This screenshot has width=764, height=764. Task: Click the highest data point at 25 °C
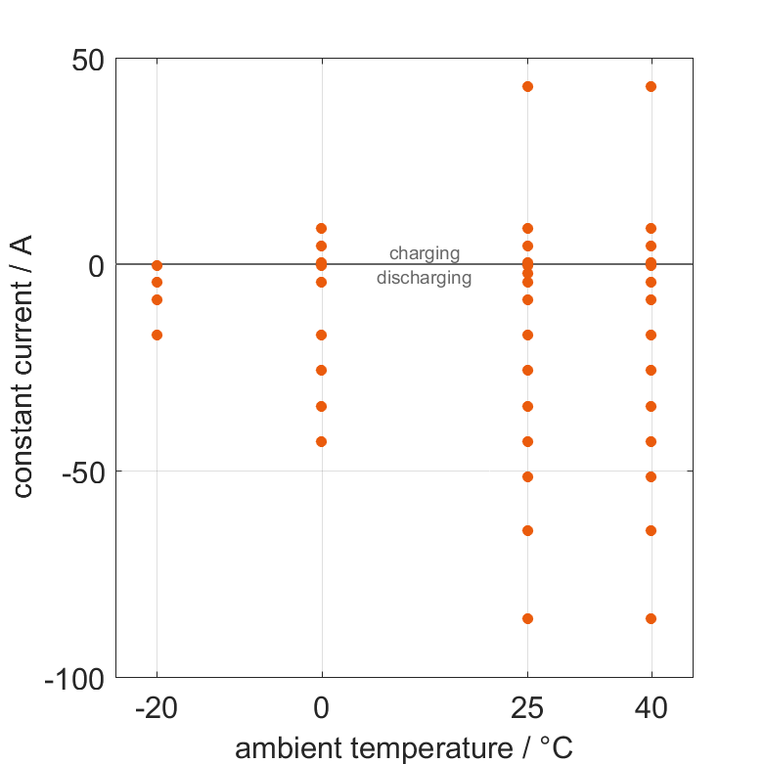point(527,86)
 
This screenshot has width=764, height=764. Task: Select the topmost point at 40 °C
point(651,86)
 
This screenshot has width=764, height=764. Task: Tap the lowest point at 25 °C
point(527,618)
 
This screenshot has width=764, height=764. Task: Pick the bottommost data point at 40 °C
point(651,618)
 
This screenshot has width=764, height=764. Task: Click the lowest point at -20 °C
point(157,335)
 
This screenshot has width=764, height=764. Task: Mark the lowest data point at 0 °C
point(321,441)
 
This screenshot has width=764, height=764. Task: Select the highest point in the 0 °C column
point(321,228)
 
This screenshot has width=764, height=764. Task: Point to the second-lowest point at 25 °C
point(527,530)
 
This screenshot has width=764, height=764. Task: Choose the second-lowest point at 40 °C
point(651,530)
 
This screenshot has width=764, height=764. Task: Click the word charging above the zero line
point(425,253)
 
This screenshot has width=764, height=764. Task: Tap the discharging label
point(425,278)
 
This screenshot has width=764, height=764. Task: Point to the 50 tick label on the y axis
point(88,60)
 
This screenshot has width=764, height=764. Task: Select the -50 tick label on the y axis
point(82,472)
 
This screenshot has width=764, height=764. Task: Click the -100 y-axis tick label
point(75,678)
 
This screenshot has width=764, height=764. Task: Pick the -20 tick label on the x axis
point(157,708)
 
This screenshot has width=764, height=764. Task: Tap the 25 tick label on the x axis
point(527,708)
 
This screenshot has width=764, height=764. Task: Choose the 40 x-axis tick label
point(651,708)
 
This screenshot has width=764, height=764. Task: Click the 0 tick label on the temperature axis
point(321,708)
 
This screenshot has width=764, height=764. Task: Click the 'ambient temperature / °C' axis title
point(404,748)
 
